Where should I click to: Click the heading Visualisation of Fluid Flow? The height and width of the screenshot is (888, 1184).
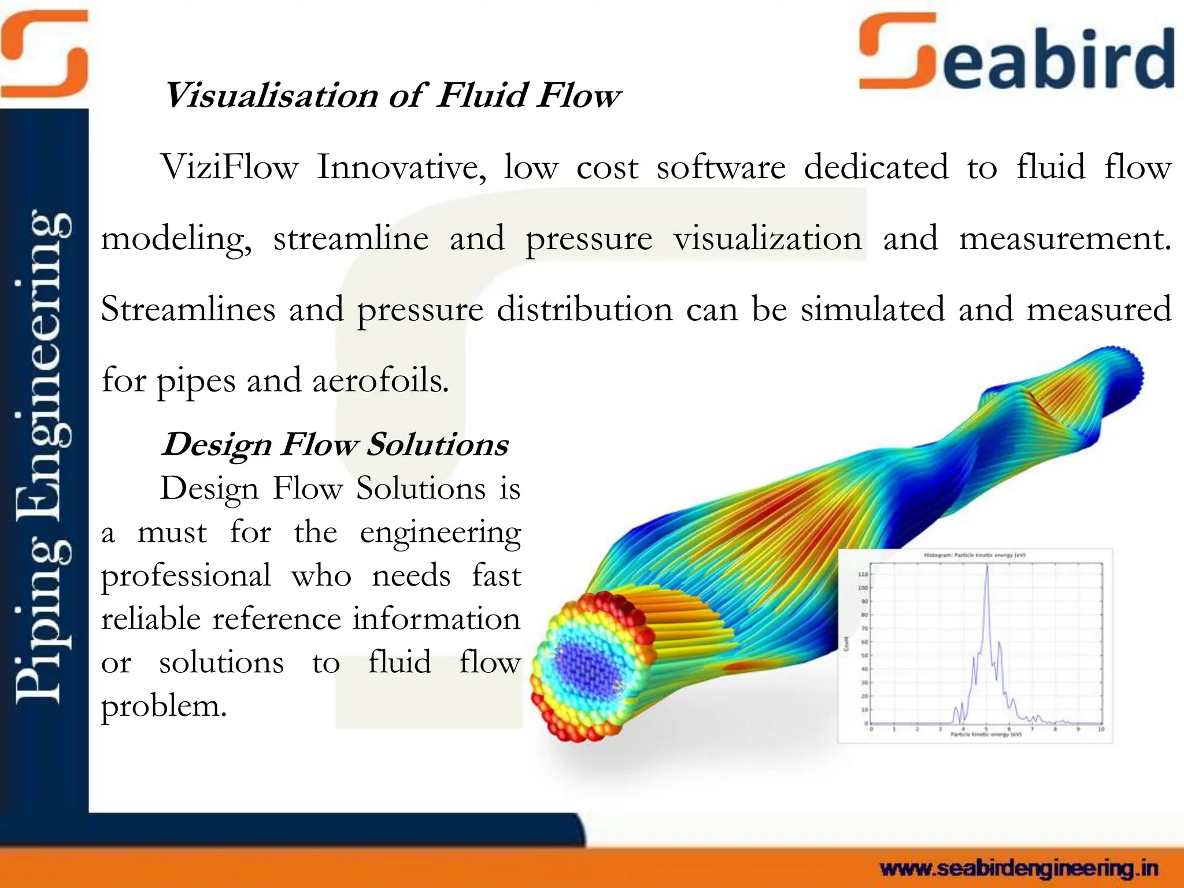(x=392, y=95)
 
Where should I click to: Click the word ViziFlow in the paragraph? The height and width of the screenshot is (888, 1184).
(x=230, y=168)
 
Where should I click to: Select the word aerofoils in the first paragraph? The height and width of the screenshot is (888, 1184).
(x=380, y=381)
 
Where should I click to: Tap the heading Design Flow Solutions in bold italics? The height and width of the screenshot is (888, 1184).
(x=335, y=445)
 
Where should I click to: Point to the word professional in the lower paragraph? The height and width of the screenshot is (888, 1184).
(x=186, y=576)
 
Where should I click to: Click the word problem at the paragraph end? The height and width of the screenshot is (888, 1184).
(x=164, y=706)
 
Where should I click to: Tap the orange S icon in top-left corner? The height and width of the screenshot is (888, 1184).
(x=43, y=55)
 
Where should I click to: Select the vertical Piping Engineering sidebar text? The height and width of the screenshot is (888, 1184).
(x=43, y=457)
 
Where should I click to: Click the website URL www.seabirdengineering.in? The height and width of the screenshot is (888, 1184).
(x=1019, y=868)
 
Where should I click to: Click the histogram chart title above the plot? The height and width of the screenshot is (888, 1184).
(x=974, y=555)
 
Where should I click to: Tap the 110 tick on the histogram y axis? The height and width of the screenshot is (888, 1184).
(x=863, y=575)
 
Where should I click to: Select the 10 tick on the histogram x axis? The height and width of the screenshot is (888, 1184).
(x=1101, y=730)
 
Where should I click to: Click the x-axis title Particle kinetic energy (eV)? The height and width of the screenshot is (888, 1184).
(x=986, y=735)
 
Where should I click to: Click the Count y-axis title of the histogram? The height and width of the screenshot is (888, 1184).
(x=846, y=643)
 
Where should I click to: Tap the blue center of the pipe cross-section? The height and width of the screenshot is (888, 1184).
(x=584, y=665)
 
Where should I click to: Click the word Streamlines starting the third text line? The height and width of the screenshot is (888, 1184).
(x=188, y=309)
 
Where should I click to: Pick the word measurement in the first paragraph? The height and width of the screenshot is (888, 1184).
(x=1064, y=239)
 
